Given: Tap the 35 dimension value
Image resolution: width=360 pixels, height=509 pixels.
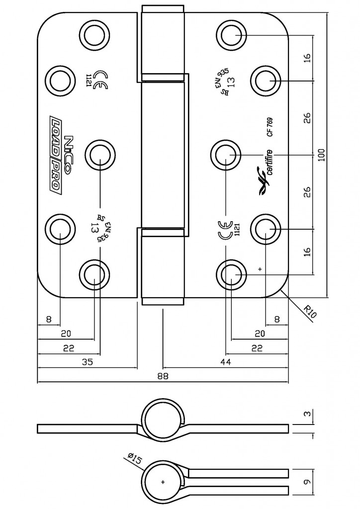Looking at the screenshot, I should [x=87, y=362].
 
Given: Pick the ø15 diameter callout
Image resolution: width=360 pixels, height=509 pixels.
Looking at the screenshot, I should [x=135, y=458].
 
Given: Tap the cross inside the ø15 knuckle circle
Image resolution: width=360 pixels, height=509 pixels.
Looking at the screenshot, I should [x=163, y=482].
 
